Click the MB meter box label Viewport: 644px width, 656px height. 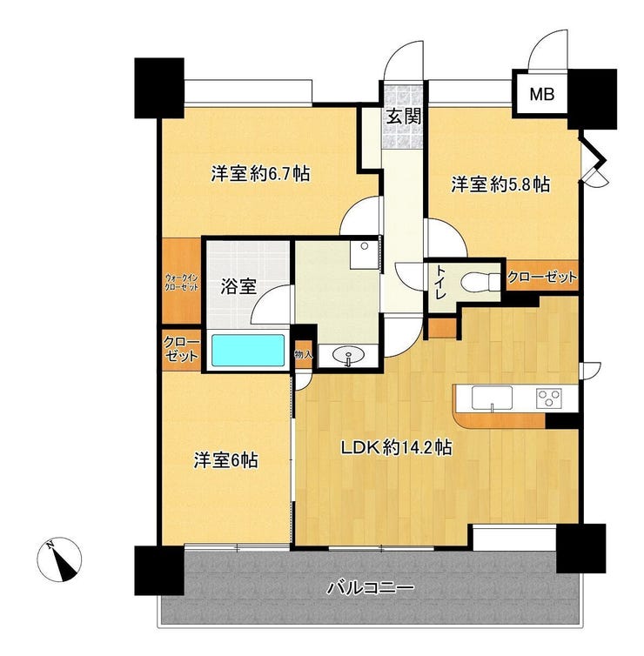pyautogui.click(x=542, y=94)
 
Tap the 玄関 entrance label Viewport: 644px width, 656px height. pyautogui.click(x=404, y=117)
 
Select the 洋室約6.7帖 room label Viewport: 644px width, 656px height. pyautogui.click(x=260, y=173)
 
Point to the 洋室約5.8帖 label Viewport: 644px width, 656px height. pyautogui.click(x=500, y=184)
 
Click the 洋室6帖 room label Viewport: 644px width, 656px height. pyautogui.click(x=225, y=460)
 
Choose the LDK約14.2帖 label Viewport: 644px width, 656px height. pyautogui.click(x=396, y=448)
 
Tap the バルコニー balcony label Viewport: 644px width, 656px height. pyautogui.click(x=371, y=588)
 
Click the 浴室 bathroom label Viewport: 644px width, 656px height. pyautogui.click(x=238, y=286)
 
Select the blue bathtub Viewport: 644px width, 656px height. pyautogui.click(x=248, y=350)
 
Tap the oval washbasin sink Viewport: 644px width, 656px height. pyautogui.click(x=348, y=356)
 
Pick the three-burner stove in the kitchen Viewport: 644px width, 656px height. pyautogui.click(x=549, y=398)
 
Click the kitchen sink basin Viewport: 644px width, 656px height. pyautogui.click(x=492, y=398)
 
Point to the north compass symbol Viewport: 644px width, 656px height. pyautogui.click(x=59, y=559)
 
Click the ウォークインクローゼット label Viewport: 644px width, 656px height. pyautogui.click(x=181, y=283)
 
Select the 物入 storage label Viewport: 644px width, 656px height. pyautogui.click(x=304, y=355)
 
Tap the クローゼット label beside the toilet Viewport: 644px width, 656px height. pyautogui.click(x=542, y=277)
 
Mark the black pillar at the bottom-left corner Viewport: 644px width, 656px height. pyautogui.click(x=159, y=570)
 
